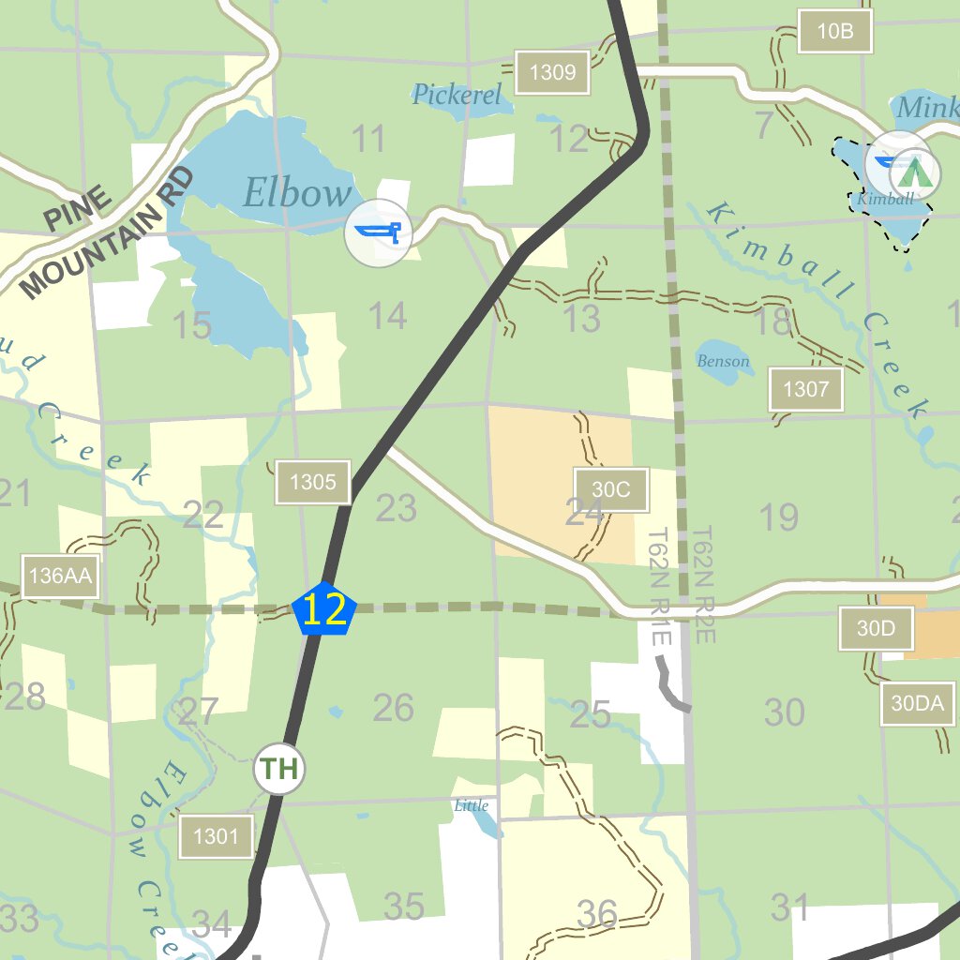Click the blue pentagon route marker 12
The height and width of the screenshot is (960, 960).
(x=324, y=611)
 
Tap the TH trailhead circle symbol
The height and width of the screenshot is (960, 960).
(x=279, y=770)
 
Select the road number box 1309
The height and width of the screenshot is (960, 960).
(x=552, y=72)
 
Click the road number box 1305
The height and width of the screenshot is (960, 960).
(x=312, y=483)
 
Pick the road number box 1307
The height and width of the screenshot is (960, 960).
(x=805, y=389)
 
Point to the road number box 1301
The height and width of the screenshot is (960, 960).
(x=216, y=835)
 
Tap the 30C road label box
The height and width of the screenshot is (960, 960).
(x=611, y=489)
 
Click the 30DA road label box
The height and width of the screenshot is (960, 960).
(x=917, y=704)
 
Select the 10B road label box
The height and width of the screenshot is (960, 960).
(x=834, y=31)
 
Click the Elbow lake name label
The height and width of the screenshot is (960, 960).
(x=296, y=193)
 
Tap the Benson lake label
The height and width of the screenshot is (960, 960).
(x=723, y=361)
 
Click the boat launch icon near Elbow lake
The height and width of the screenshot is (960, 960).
(x=378, y=232)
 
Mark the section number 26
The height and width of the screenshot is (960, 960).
(x=393, y=708)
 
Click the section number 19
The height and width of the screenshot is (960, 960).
(x=777, y=517)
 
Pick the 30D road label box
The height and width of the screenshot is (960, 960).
(x=876, y=628)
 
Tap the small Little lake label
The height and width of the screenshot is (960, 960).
(x=471, y=805)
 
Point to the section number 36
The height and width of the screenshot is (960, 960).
(x=597, y=912)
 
